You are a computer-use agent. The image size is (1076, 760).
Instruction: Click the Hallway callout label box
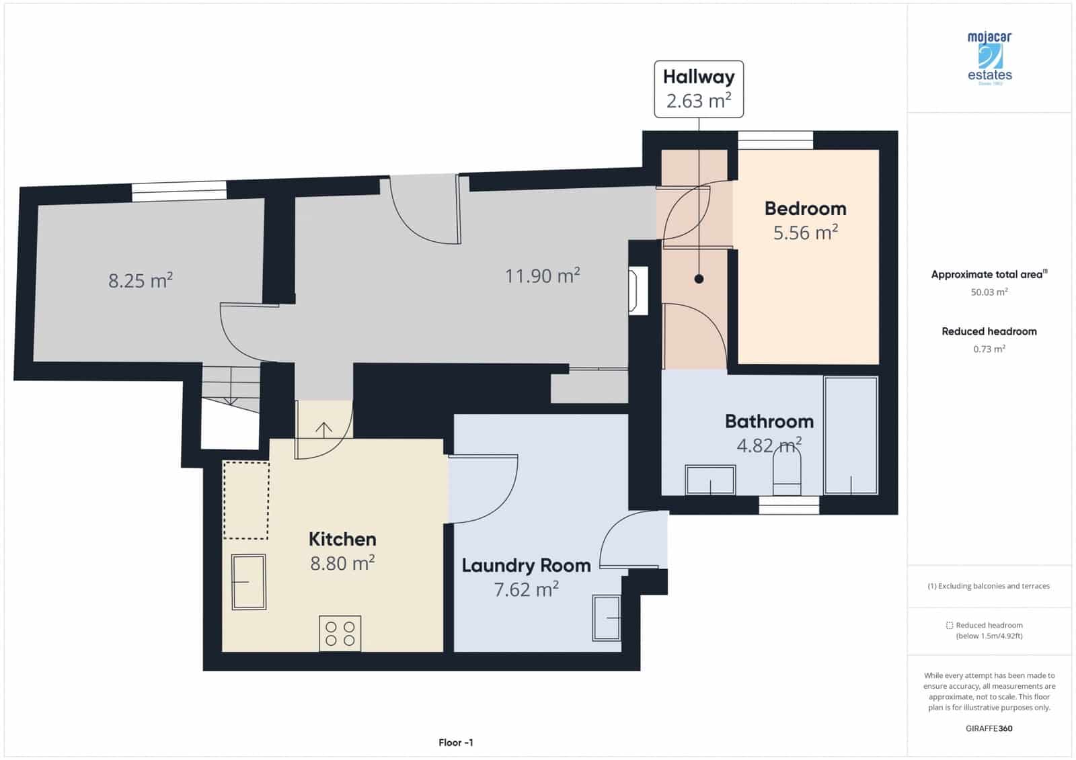[x=699, y=89]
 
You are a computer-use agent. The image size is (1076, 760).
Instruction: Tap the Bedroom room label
[x=805, y=208]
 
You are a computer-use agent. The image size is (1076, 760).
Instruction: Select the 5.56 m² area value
[x=805, y=233]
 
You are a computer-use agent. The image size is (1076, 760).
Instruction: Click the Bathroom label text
[x=769, y=421]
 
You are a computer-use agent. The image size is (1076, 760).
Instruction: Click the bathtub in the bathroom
[x=851, y=435]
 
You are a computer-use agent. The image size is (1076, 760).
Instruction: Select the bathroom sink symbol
[x=710, y=480]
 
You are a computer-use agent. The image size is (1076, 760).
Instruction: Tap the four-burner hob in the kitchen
[x=340, y=633]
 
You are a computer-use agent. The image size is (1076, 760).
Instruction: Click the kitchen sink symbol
[x=248, y=581]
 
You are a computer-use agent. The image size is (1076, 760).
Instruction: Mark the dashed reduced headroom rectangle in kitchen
[x=246, y=500]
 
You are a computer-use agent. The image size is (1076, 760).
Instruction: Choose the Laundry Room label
[x=526, y=565]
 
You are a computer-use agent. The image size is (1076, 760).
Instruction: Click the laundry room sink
[x=607, y=617]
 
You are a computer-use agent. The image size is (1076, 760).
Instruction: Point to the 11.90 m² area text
[x=542, y=276]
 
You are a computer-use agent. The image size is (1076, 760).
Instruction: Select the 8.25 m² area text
[x=141, y=280]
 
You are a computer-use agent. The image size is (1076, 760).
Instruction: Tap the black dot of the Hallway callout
[x=699, y=279]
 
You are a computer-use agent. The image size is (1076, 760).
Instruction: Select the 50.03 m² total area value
[x=989, y=292]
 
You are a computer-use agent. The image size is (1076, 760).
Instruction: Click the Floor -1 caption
[x=455, y=743]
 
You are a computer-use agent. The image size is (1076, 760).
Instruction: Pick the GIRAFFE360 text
[x=989, y=728]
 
